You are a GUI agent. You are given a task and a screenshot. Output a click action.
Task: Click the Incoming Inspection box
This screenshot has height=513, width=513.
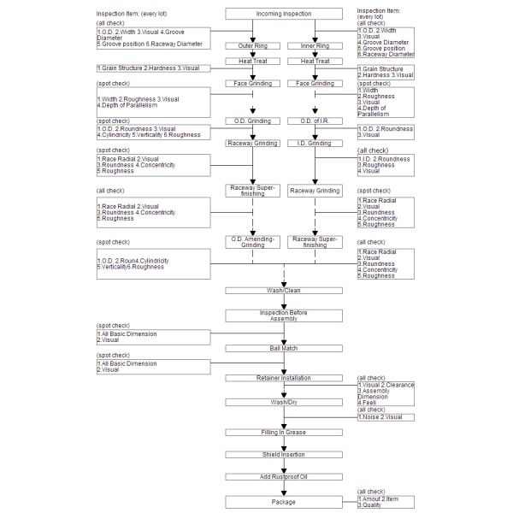(x=284, y=15)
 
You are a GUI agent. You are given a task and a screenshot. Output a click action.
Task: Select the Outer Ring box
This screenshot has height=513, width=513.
(x=252, y=44)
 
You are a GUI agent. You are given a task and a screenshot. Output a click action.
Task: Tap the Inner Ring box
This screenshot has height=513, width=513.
(x=315, y=44)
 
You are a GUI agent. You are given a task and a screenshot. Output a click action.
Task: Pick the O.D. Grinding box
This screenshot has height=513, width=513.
(x=252, y=121)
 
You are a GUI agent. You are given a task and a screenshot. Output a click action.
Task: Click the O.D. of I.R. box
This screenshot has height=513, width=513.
(x=315, y=121)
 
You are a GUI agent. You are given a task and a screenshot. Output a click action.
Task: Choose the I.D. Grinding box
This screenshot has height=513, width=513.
(x=315, y=143)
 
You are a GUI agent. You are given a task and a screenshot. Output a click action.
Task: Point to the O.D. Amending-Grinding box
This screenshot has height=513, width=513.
(x=252, y=241)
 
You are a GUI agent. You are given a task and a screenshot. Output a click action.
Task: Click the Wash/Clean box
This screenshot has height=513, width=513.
(x=284, y=291)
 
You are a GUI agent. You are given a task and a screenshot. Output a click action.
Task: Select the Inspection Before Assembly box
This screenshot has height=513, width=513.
(x=284, y=315)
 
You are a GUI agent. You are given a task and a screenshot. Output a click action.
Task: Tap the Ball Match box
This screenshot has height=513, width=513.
(x=284, y=348)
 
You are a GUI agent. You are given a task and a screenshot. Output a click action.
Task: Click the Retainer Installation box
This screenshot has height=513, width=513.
(x=284, y=377)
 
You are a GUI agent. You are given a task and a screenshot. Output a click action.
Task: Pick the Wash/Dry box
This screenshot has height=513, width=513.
(x=284, y=401)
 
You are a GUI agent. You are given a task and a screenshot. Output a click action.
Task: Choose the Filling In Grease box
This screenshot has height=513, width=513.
(x=284, y=433)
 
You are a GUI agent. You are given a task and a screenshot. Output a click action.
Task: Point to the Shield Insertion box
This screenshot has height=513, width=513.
(x=284, y=454)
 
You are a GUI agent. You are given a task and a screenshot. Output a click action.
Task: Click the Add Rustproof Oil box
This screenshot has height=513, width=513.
(x=284, y=476)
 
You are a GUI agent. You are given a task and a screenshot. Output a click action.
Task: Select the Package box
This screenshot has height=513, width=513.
(x=284, y=502)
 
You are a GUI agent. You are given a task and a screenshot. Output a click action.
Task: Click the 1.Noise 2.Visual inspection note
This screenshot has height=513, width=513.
(x=385, y=417)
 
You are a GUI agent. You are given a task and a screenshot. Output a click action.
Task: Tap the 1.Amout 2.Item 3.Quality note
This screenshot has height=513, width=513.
(x=385, y=502)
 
